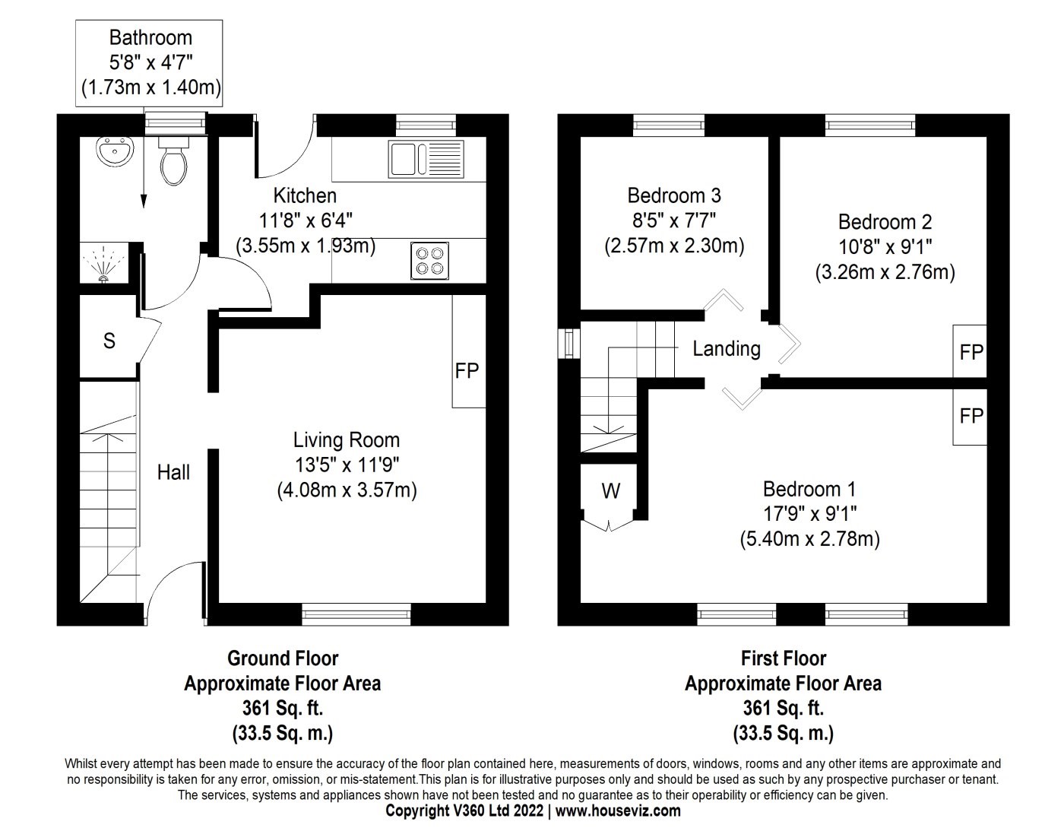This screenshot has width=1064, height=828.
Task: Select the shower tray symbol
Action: [x=104, y=262]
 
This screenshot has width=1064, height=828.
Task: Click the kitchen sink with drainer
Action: [x=426, y=159]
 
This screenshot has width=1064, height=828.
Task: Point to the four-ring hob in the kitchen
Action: [x=430, y=261]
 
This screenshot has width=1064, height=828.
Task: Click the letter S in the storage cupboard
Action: [x=109, y=341]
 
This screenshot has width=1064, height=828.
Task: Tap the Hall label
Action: [x=173, y=472]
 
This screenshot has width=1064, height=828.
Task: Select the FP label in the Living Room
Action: [x=467, y=371]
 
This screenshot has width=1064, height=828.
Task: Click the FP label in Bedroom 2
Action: [x=971, y=352]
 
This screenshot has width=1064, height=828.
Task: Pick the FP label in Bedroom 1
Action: [x=971, y=416]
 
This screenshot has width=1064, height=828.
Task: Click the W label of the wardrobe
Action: [x=610, y=490]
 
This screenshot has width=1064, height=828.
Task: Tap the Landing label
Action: [x=727, y=349]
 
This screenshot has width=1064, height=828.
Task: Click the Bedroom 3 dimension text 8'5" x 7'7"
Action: [x=674, y=220]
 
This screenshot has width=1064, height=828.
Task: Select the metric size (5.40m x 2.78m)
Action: [x=810, y=538]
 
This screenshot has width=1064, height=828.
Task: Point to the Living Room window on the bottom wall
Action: [x=356, y=614]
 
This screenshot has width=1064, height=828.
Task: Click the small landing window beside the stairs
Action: [x=568, y=343]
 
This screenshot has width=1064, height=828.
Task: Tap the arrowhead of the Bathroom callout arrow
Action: [x=144, y=201]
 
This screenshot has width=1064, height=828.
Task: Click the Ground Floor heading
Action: [x=283, y=658]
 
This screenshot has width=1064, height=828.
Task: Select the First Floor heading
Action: [x=784, y=658]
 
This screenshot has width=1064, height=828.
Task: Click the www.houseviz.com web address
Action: [x=618, y=811]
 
